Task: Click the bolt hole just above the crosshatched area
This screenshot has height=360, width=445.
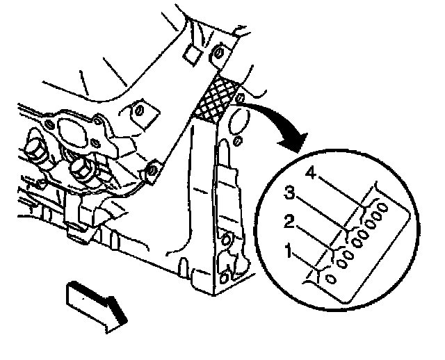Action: pyautogui.click(x=219, y=53)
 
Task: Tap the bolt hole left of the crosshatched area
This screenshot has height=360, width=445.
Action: pyautogui.click(x=138, y=111)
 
